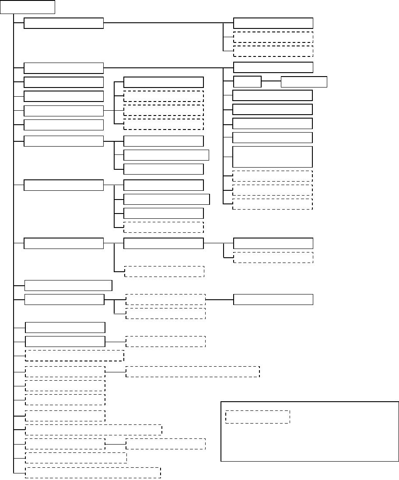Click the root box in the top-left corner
(28, 7)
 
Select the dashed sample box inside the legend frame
(258, 417)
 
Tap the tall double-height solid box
(272, 157)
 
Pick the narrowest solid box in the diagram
(247, 82)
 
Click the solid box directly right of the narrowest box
(304, 82)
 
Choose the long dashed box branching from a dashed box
(192, 371)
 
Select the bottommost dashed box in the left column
(93, 473)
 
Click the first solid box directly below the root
(63, 23)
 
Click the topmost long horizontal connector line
(168, 23)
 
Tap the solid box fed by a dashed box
(273, 300)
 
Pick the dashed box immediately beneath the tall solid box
(272, 176)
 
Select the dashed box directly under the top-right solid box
(273, 37)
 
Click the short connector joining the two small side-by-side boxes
(271, 82)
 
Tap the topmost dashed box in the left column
(75, 355)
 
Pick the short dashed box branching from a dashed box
(165, 444)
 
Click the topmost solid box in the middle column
(164, 82)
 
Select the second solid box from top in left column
(63, 68)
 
